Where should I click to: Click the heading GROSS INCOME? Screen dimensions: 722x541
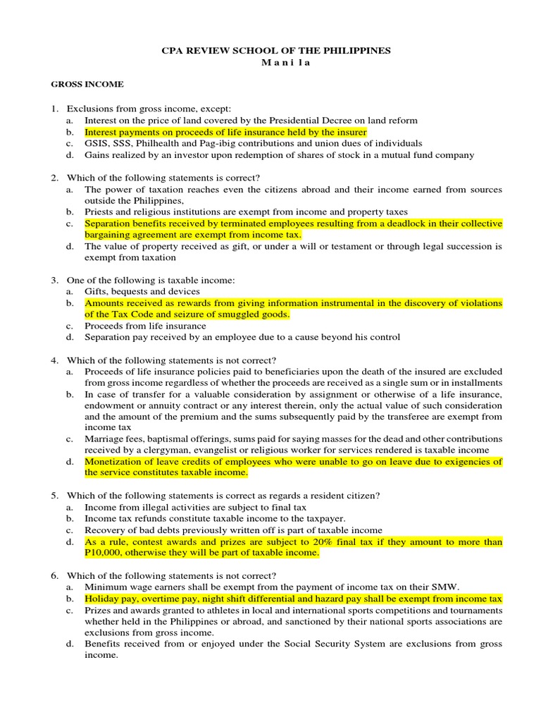[87, 84]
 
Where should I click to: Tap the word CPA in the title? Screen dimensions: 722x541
[173, 50]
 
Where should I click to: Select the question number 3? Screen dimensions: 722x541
[54, 280]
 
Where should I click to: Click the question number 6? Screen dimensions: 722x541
[54, 575]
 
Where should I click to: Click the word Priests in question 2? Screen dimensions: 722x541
[98, 212]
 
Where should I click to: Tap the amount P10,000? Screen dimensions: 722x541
[106, 553]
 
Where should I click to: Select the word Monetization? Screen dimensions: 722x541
[114, 462]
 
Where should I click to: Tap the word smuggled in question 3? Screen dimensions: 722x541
[240, 314]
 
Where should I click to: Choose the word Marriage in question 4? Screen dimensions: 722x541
[103, 439]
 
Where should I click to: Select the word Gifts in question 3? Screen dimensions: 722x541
[97, 291]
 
